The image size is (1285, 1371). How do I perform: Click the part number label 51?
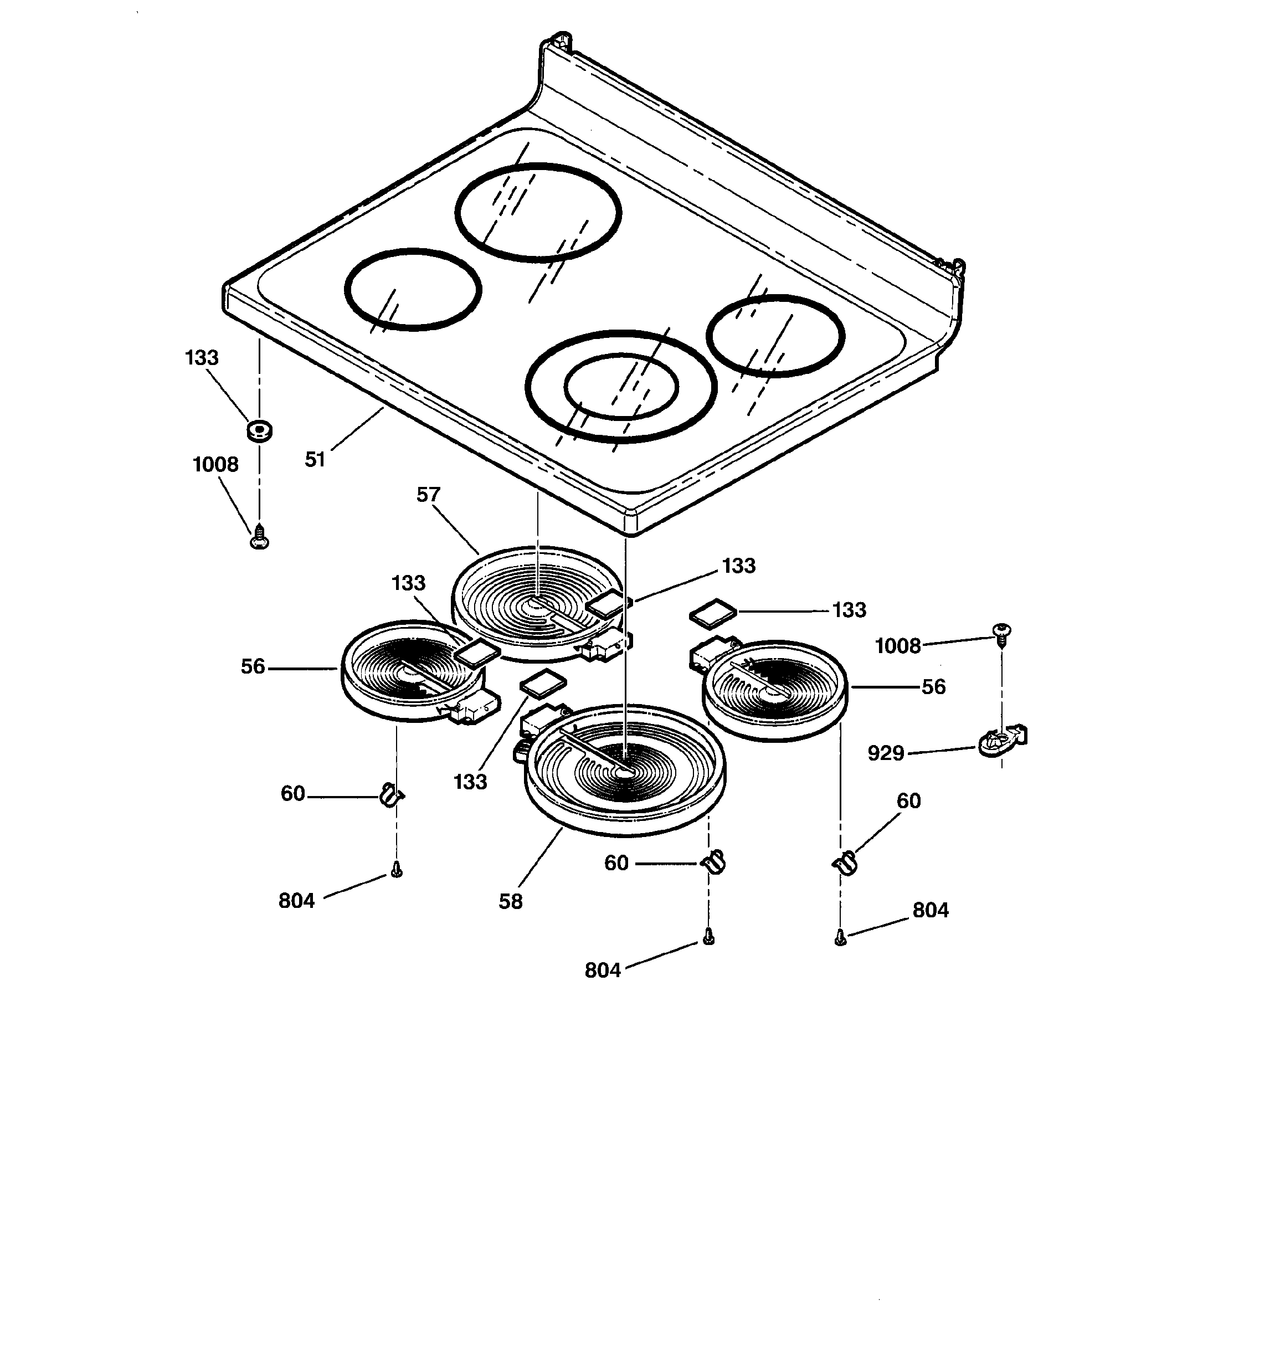click(315, 459)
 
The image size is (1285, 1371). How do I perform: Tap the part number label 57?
click(428, 495)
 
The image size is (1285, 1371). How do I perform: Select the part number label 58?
click(511, 901)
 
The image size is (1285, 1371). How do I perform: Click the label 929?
click(886, 753)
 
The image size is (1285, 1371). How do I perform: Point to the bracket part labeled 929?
click(1001, 741)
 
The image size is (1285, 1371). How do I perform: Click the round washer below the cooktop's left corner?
click(259, 431)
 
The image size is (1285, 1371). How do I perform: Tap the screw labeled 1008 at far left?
click(259, 537)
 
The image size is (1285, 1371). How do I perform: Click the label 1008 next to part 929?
click(897, 646)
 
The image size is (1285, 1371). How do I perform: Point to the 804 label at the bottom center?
click(602, 971)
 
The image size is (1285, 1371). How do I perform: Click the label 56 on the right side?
click(933, 687)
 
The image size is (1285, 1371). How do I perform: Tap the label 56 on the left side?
click(253, 666)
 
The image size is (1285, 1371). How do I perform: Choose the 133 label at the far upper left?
click(202, 357)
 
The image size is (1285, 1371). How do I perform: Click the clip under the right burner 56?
click(844, 862)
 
